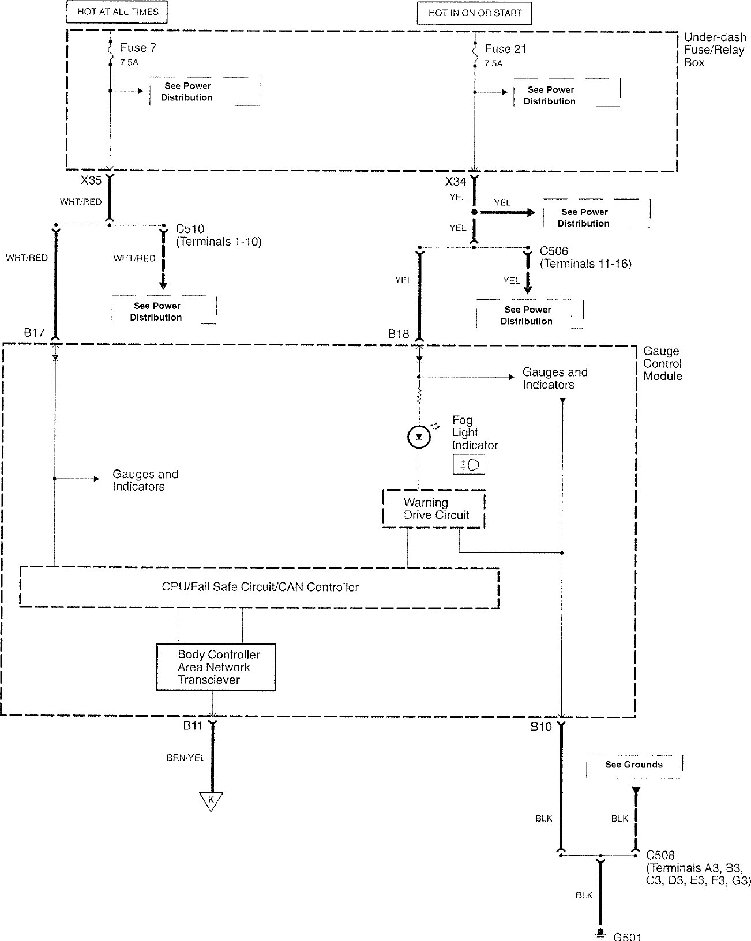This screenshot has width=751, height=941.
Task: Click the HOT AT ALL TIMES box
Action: coord(118,12)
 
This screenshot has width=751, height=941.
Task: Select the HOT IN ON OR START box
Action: coord(474,13)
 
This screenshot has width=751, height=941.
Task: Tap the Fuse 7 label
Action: coord(138,48)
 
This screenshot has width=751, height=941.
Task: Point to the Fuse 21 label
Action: coord(505,49)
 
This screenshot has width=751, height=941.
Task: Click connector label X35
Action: coord(91,180)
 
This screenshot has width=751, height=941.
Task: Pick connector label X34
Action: coord(456,182)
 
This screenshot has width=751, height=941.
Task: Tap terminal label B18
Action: coord(399,333)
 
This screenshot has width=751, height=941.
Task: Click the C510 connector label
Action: coord(190,229)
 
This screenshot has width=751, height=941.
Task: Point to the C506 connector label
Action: coord(554,251)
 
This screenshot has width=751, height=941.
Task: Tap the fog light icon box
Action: coord(469,464)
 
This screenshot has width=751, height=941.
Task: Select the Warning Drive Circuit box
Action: coord(434,509)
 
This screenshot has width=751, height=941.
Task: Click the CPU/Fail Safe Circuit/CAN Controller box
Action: coord(260,587)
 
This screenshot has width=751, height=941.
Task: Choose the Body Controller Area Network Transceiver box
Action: coord(216,667)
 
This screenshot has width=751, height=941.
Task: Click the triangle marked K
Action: coord(211,800)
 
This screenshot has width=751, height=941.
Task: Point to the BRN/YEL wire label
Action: coord(186,758)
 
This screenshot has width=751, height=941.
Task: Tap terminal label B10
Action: coord(542,727)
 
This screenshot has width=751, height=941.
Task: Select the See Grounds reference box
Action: coord(633,765)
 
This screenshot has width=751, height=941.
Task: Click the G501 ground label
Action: coord(627,936)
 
